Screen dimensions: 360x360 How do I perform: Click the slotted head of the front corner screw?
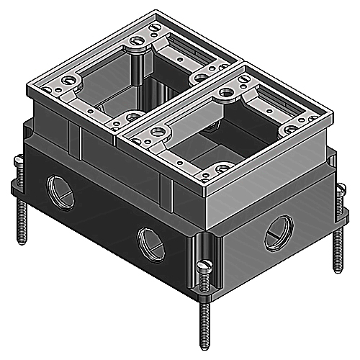tap(204, 267)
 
